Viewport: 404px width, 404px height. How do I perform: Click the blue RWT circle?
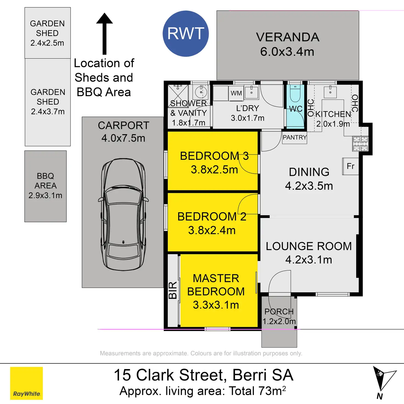[x=186, y=33]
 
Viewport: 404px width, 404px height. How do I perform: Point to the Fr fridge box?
[x=350, y=166]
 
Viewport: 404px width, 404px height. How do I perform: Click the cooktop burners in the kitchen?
[x=360, y=144]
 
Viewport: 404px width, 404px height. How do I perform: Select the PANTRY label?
[x=294, y=138]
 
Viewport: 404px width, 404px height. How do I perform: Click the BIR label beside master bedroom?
[x=173, y=290]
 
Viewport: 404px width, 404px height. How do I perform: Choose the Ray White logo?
[x=26, y=383]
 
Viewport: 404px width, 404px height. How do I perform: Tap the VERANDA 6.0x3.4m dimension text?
[x=287, y=52]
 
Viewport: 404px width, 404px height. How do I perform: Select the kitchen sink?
[x=330, y=92]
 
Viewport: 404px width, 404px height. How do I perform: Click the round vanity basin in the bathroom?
[x=201, y=92]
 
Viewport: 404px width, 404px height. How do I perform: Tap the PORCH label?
[x=279, y=312]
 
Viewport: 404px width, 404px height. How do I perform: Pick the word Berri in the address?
[x=249, y=375]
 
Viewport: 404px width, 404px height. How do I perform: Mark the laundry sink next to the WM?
[x=251, y=92]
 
